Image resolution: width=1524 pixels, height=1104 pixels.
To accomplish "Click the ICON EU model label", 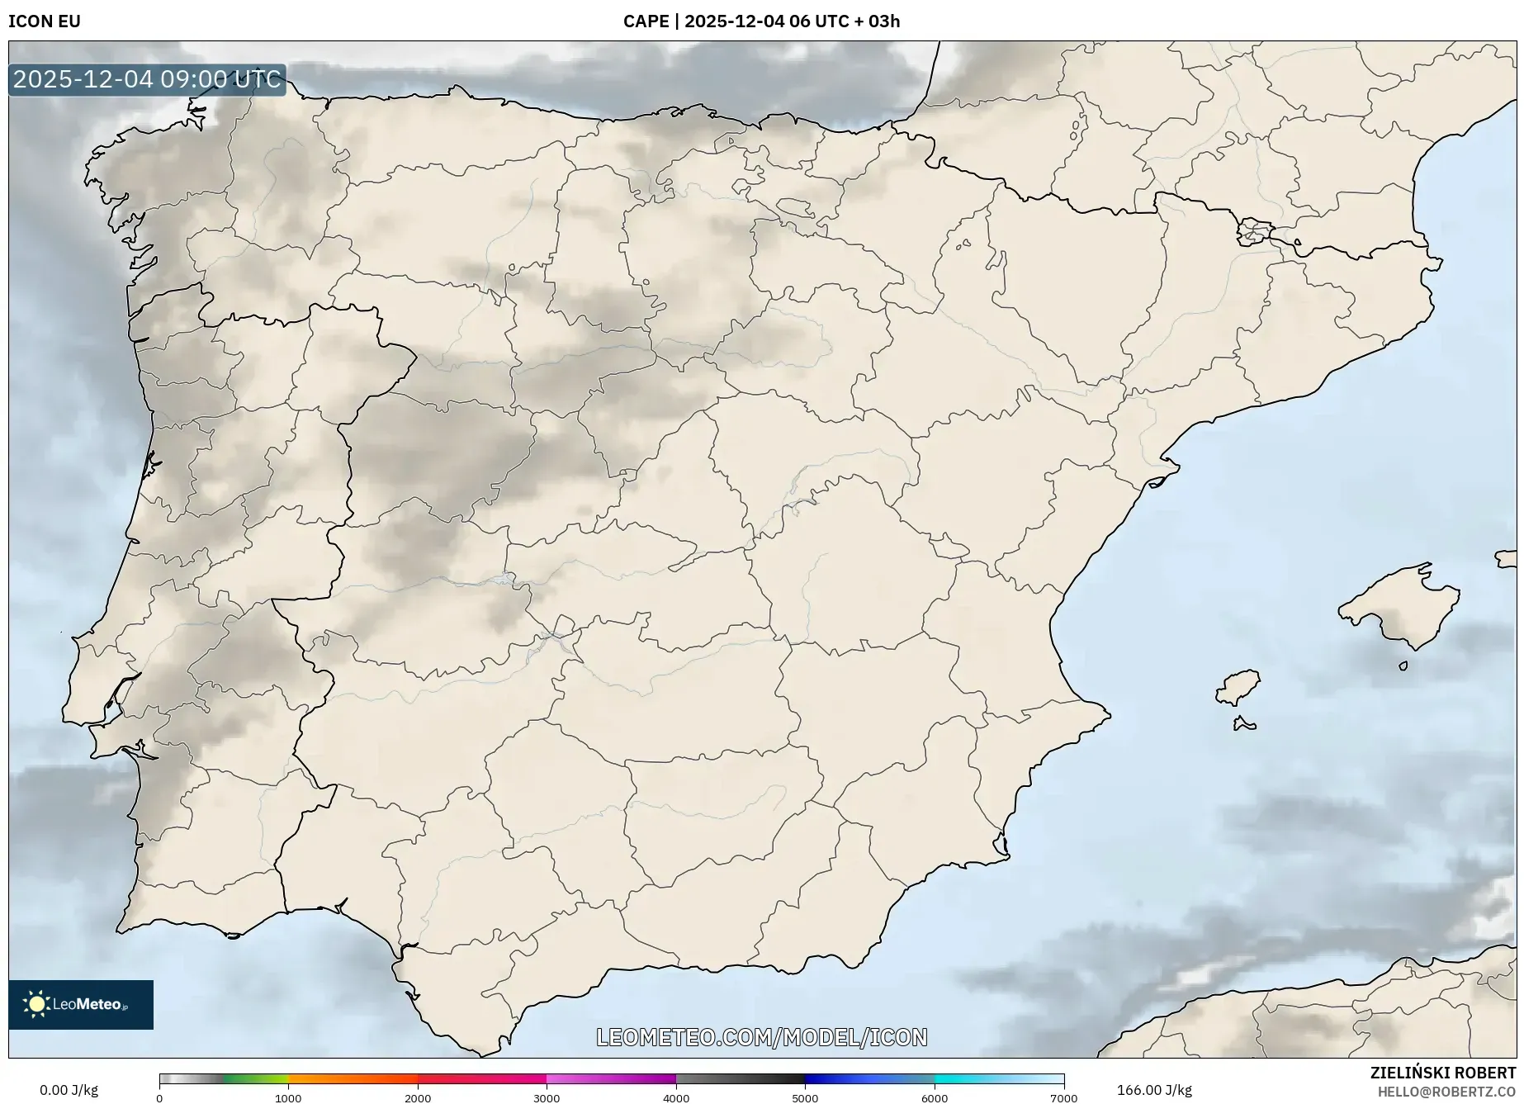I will tap(45, 21).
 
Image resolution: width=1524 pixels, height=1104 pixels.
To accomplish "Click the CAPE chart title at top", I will tap(761, 21).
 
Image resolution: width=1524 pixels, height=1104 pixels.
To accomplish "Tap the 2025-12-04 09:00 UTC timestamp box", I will tap(147, 80).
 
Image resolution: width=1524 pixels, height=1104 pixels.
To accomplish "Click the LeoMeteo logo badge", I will tap(81, 1004).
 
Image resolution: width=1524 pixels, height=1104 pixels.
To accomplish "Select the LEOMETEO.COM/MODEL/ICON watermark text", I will tap(761, 1037).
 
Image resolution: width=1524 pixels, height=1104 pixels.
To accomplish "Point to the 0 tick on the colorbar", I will tap(159, 1098).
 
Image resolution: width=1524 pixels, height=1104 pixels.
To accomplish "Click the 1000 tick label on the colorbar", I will tap(288, 1098).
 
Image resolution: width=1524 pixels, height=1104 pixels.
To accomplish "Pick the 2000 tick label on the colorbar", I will tap(418, 1098).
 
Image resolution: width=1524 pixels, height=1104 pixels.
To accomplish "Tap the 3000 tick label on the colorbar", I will tap(547, 1098).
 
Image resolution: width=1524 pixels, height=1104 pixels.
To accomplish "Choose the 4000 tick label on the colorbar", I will tap(676, 1098).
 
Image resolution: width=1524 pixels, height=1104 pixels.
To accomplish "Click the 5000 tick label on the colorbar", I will tap(805, 1098).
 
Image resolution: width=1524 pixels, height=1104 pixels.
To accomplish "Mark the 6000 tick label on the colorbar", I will tap(935, 1098).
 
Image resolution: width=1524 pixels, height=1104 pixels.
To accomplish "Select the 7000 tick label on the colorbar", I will tap(1063, 1098).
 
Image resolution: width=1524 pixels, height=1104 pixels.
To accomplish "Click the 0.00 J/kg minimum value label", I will tap(69, 1090).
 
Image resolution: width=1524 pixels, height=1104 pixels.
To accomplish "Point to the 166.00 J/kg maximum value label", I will tap(1154, 1090).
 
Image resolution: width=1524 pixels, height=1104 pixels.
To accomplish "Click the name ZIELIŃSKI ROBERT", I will tap(1442, 1073).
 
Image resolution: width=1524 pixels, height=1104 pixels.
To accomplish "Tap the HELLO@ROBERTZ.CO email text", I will tap(1446, 1092).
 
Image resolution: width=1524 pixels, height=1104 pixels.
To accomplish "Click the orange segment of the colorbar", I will tap(353, 1078).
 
